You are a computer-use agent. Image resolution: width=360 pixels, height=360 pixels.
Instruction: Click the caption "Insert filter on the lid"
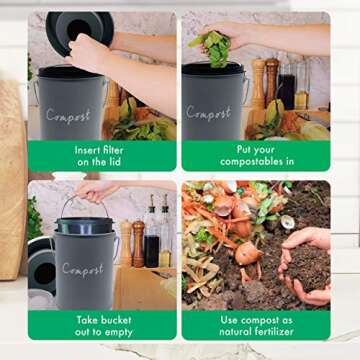pyautogui.click(x=101, y=156)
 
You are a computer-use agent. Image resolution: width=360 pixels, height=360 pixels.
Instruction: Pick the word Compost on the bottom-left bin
pyautogui.click(x=82, y=268)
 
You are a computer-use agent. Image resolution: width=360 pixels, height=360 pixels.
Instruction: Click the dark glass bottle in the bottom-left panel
pyautogui.click(x=152, y=240)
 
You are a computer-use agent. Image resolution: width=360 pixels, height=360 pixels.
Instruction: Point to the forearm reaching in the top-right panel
pyautogui.click(x=290, y=38)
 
